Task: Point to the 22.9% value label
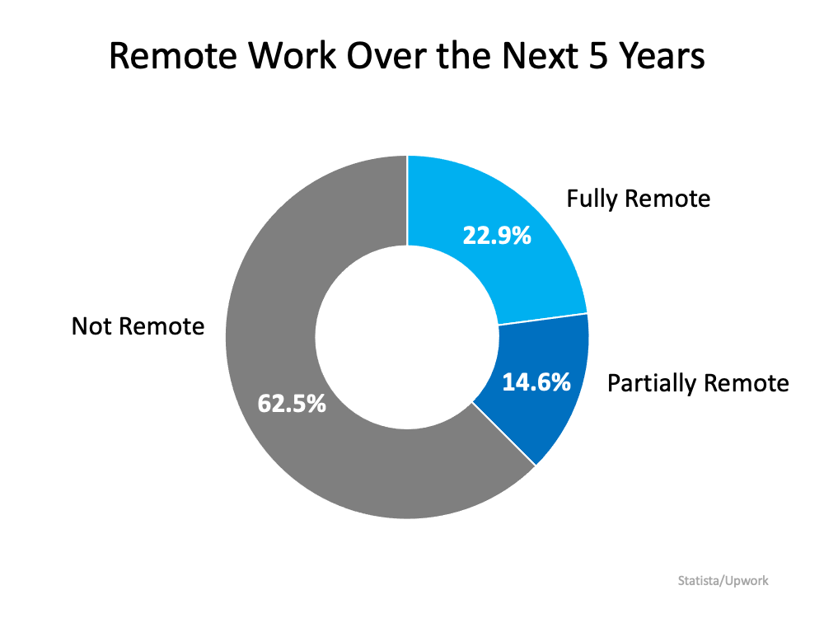(497, 236)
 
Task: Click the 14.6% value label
(537, 382)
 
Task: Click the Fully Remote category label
(638, 199)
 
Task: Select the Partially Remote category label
(697, 383)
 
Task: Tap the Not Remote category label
(138, 326)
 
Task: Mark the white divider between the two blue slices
(543, 319)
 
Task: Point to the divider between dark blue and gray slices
(504, 433)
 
